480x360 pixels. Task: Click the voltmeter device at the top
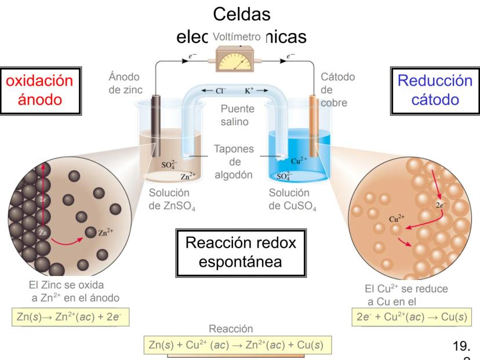[238, 58]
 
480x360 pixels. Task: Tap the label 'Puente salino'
[237, 115]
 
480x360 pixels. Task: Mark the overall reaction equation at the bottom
[238, 345]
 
